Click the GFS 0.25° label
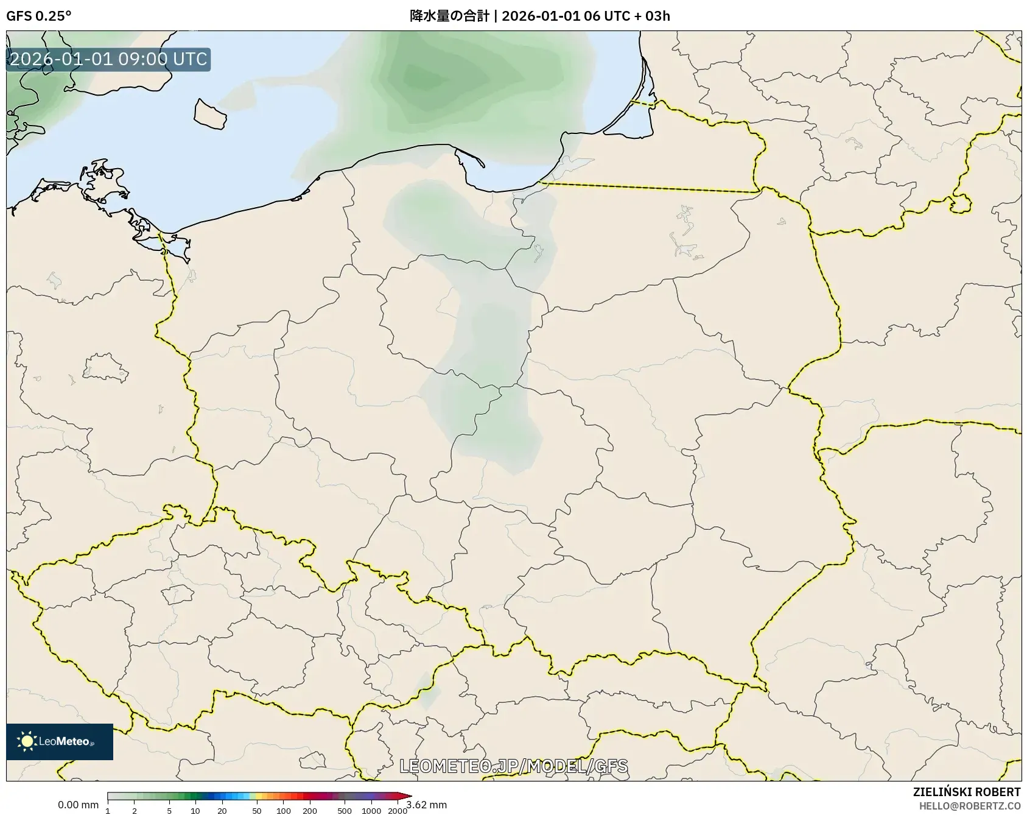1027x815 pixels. pos(38,16)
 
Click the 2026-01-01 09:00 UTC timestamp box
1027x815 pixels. pos(108,60)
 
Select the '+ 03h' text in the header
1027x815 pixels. pos(651,16)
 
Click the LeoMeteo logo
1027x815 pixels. pos(60,741)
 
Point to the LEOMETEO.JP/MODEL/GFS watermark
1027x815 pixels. pos(513,766)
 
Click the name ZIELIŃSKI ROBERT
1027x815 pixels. pos(966,792)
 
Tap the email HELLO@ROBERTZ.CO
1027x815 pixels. pos(969,806)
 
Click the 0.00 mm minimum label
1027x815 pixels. pos(78,805)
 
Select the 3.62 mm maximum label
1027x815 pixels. pos(427,805)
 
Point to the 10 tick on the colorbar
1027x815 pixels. pos(195,811)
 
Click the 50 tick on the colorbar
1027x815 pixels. pos(257,811)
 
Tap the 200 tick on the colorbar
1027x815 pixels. pos(310,811)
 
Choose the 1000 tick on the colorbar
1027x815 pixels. pos(371,811)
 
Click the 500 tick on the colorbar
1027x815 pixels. pos(345,811)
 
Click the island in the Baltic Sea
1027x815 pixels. pos(209,115)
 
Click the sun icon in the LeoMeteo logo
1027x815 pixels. pos(27,741)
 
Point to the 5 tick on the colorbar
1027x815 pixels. pos(169,811)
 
